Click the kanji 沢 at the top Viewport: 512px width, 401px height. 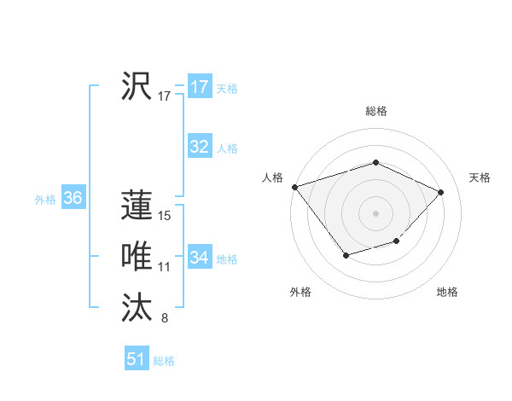point(137,86)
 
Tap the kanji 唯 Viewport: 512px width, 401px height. point(137,256)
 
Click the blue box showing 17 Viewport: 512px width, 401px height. point(200,87)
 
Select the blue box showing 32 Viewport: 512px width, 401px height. point(200,147)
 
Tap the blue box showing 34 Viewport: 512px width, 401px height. point(200,257)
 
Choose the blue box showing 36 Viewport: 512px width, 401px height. point(73,199)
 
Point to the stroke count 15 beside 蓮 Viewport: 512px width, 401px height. point(166,216)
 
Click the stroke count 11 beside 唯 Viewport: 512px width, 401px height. point(165,267)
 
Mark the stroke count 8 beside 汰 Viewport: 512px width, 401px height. point(164,319)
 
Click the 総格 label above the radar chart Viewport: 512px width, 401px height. point(376,111)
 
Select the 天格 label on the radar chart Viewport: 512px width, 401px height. point(480,177)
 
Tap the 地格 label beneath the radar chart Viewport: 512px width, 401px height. point(447,293)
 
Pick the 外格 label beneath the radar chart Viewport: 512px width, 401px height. point(300,293)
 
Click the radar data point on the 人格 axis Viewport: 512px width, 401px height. point(294,186)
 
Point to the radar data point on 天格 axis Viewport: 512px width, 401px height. point(440,192)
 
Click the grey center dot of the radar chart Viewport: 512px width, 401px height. point(375,212)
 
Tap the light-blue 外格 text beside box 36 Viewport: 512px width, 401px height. point(45,200)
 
